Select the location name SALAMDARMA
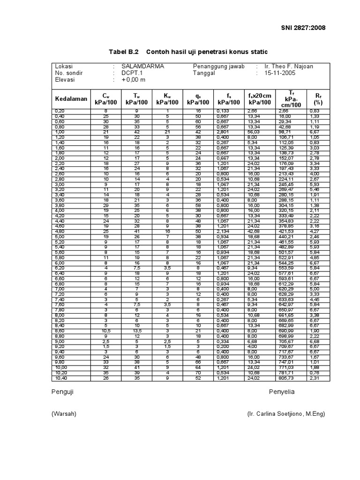point(142,67)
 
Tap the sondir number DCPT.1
point(133,73)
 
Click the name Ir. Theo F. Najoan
point(289,67)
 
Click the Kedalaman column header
point(71,99)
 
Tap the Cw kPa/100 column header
point(105,99)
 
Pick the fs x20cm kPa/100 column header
point(260,99)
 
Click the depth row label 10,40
point(61,378)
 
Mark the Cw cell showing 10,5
point(105,331)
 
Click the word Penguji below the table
point(62,391)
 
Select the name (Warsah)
point(64,414)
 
